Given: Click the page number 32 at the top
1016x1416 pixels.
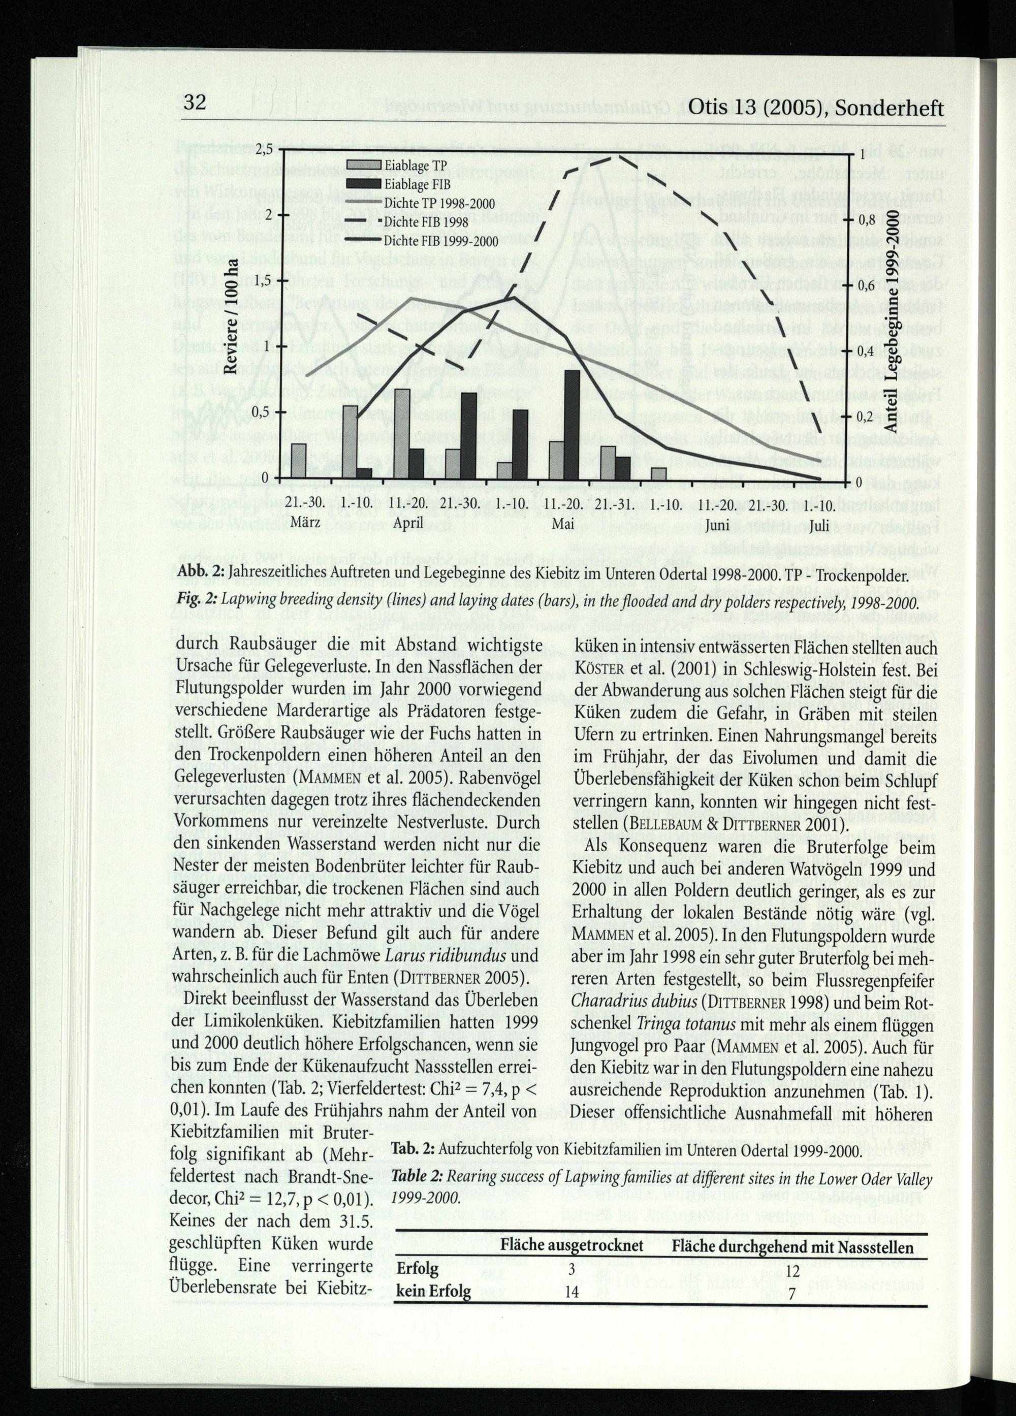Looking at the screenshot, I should (196, 102).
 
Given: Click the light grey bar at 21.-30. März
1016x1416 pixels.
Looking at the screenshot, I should (299, 461).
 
